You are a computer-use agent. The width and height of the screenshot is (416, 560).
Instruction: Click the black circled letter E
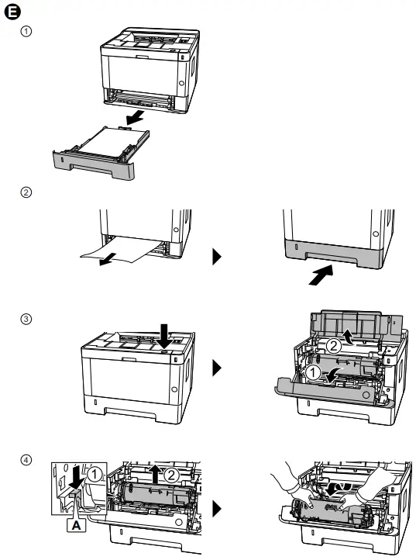point(12,12)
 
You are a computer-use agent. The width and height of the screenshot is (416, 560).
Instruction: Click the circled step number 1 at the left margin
point(26,32)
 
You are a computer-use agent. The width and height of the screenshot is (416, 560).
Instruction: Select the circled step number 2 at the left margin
point(26,192)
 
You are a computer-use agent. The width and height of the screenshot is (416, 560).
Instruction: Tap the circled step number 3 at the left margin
point(26,319)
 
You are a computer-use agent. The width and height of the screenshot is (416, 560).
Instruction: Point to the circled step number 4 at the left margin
point(26,460)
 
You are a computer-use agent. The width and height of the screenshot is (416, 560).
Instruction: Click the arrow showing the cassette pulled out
point(136,117)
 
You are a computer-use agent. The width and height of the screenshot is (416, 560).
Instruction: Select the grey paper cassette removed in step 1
point(101,153)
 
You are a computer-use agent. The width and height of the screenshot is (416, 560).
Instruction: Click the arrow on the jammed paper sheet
point(108,259)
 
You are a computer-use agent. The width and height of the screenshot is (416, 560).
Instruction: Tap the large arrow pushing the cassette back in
point(321,275)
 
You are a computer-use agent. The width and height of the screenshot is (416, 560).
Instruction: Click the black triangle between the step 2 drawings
point(217,257)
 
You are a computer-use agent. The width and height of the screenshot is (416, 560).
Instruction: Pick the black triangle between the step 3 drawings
point(217,368)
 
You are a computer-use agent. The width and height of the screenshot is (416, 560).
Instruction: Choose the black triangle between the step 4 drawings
point(217,509)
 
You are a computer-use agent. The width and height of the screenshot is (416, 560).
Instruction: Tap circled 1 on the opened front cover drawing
point(313,373)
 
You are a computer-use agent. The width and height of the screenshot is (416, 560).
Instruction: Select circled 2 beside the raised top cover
point(334,346)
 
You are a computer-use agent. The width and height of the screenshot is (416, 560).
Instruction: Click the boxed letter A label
point(77,525)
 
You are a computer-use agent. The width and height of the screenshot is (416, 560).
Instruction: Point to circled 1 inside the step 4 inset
point(94,475)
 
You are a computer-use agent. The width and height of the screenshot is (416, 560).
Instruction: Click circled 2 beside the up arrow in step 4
point(171,475)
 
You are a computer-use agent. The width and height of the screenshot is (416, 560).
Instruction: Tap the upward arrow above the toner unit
point(156,474)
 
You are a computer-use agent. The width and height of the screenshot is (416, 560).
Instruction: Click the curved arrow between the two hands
point(337,489)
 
